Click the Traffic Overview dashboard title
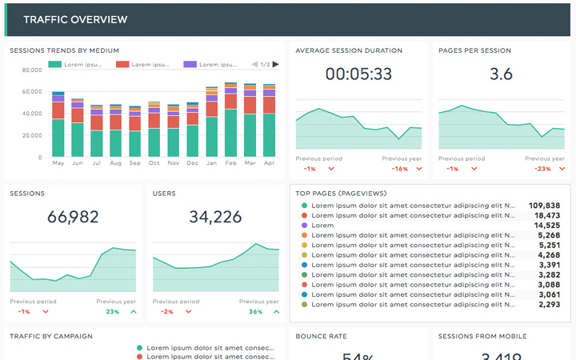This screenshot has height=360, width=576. coord(74,20)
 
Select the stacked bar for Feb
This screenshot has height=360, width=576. coord(231,120)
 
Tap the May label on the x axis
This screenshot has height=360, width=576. coord(58,163)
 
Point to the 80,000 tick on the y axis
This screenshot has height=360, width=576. coord(31,70)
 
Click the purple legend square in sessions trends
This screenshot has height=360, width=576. coord(190,64)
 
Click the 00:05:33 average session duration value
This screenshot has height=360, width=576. coord(358,74)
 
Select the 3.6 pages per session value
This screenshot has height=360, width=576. coord(501,74)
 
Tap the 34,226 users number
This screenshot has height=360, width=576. coord(216,218)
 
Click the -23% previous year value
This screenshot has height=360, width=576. coord(543,169)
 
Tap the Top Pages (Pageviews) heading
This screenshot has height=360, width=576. coord(343,194)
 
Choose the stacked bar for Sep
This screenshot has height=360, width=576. coord(135,133)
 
